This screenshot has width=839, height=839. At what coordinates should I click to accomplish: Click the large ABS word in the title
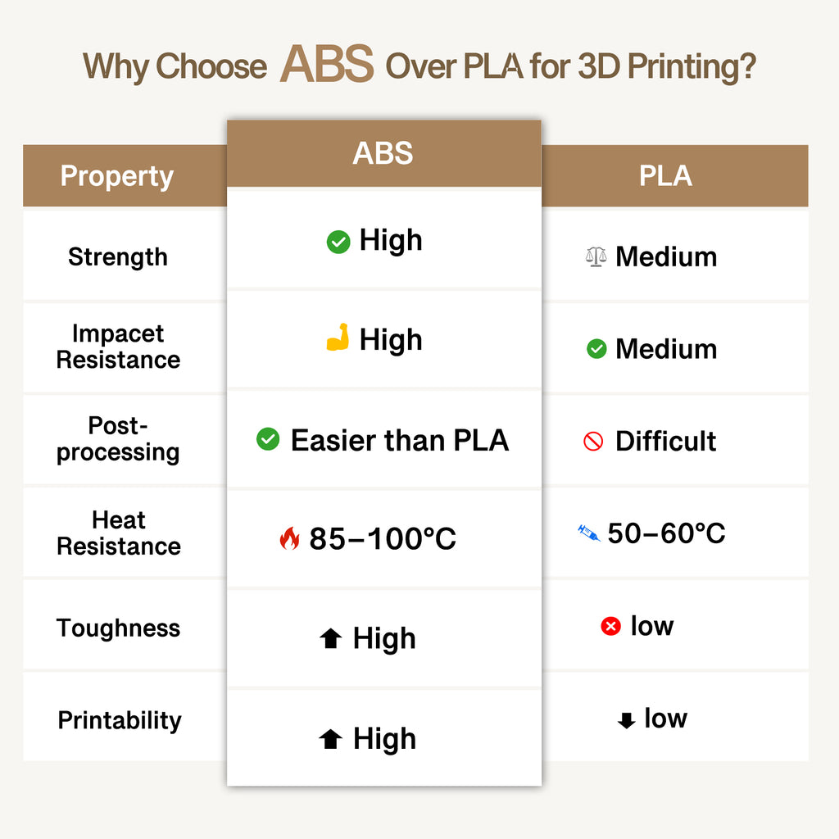pos(326,65)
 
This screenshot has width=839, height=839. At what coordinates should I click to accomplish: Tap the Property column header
pos(117,176)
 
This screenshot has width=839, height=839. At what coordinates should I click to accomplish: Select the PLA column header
pos(665,176)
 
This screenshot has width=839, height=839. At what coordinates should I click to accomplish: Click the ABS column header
pos(383,154)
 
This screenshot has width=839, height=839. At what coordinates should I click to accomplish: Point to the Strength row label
pos(117,257)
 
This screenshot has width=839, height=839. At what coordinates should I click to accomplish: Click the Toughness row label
pos(118,628)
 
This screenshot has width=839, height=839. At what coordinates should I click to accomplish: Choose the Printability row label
pos(119,721)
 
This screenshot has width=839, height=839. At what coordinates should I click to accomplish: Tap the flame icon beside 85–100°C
pos(289,538)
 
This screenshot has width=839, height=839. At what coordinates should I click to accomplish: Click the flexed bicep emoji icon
pos(338,338)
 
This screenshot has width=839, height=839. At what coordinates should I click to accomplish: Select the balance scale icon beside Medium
pos(596,257)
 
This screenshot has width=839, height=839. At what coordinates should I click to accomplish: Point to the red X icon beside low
pos(610,627)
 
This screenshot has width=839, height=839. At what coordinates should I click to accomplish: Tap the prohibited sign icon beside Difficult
pos(593,442)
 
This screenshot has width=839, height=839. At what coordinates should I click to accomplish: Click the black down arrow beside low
pos(626,720)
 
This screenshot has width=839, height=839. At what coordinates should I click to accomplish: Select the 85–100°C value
pos(383,538)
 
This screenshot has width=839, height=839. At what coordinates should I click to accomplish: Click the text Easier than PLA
pos(400,441)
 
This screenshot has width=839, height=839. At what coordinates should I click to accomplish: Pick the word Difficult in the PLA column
pos(665,442)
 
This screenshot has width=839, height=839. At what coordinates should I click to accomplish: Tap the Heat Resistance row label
pos(118,533)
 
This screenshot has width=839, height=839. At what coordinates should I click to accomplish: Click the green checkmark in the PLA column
pos(596,350)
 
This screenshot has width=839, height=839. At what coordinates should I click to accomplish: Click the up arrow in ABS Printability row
pos(330,740)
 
